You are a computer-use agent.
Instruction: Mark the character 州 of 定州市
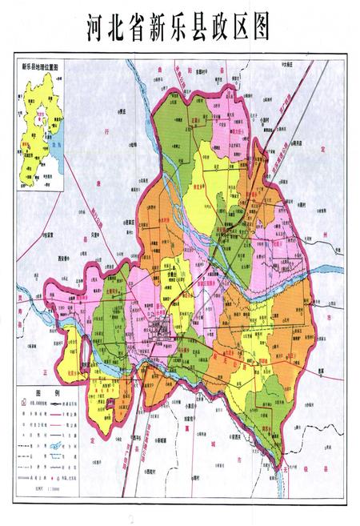[337, 232]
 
